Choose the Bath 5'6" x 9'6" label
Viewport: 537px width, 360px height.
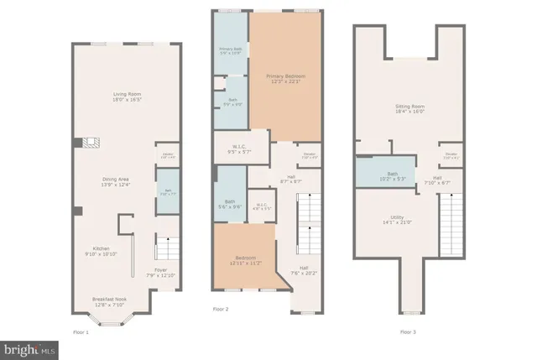pos(230,203)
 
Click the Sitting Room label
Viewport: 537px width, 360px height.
pos(410,109)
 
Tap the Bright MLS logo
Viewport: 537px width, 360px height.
pos(30,347)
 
